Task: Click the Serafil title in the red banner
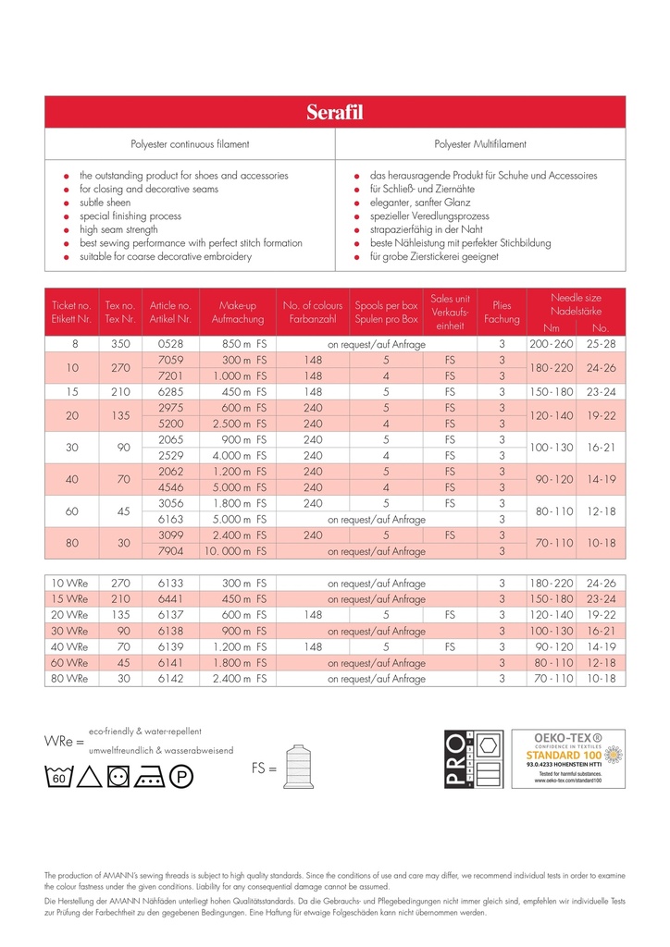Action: coord(335,112)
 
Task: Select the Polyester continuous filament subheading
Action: coord(190,144)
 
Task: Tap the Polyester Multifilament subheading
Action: coord(480,144)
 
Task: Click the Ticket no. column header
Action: coord(71,312)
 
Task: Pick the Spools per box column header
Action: coord(386,312)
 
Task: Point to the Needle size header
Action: coord(576,304)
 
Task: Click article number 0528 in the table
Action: coord(171,344)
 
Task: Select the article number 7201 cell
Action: coord(171,376)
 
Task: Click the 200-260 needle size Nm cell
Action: coord(552,344)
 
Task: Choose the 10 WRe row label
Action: coord(70,584)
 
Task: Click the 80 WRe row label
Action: coord(70,678)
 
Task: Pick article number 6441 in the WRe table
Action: coord(171,599)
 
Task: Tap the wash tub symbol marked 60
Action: coord(58,776)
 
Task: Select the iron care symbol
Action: coord(152,776)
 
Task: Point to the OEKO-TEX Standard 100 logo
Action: coord(567,757)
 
